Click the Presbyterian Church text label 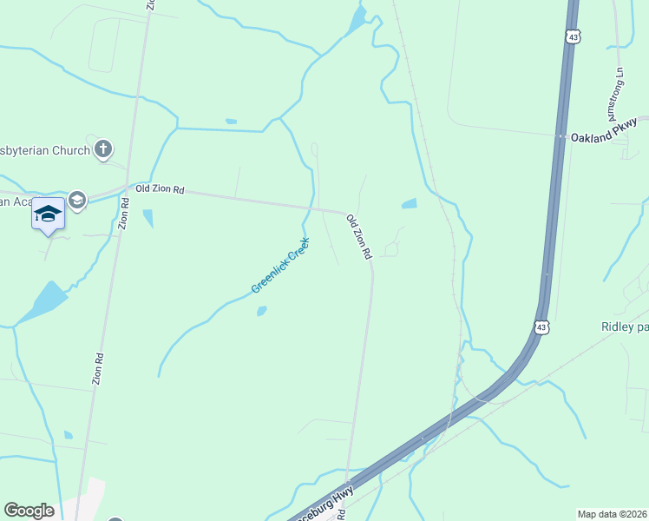tap(43, 150)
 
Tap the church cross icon tap(103, 149)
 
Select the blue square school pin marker tap(49, 214)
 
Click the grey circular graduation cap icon tap(77, 201)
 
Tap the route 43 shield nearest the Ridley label tap(541, 327)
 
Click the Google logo tap(29, 511)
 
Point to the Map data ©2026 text tap(611, 514)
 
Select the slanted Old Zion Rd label tap(358, 236)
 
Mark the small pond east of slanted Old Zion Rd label tap(409, 205)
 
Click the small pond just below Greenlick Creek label tap(261, 311)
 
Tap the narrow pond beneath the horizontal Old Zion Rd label tap(148, 218)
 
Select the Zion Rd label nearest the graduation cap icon tap(125, 214)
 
